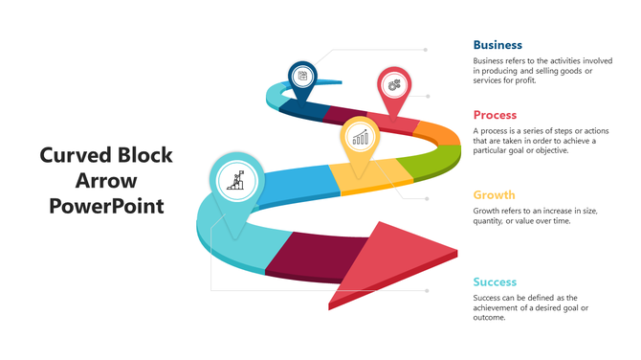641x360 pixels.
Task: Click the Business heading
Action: pyautogui.click(x=497, y=44)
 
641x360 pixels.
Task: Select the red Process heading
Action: pyautogui.click(x=495, y=115)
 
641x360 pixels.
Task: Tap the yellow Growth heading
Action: pyautogui.click(x=495, y=193)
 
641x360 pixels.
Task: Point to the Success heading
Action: pyautogui.click(x=495, y=281)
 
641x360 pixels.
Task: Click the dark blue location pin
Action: pyautogui.click(x=303, y=78)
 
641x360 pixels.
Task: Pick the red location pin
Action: pyautogui.click(x=392, y=86)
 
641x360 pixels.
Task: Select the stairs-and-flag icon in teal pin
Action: pyautogui.click(x=234, y=178)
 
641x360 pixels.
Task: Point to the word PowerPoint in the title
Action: pyautogui.click(x=106, y=205)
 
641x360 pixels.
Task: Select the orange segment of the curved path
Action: pyautogui.click(x=437, y=132)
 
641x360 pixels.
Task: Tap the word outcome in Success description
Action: pyautogui.click(x=489, y=317)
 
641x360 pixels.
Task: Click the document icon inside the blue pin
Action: pyautogui.click(x=303, y=76)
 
